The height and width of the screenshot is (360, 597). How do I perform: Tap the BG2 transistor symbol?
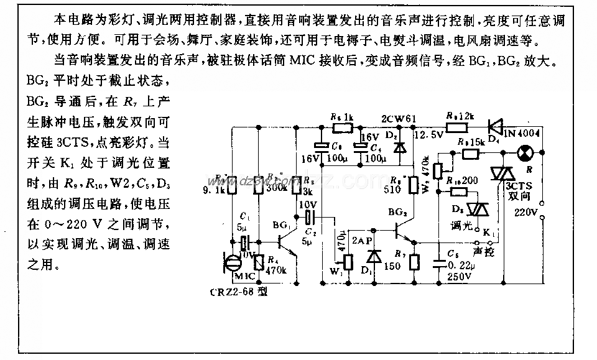(402, 230)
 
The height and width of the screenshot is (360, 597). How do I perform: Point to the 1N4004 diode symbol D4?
(496, 127)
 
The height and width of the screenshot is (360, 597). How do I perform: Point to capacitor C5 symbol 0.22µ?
(442, 255)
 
